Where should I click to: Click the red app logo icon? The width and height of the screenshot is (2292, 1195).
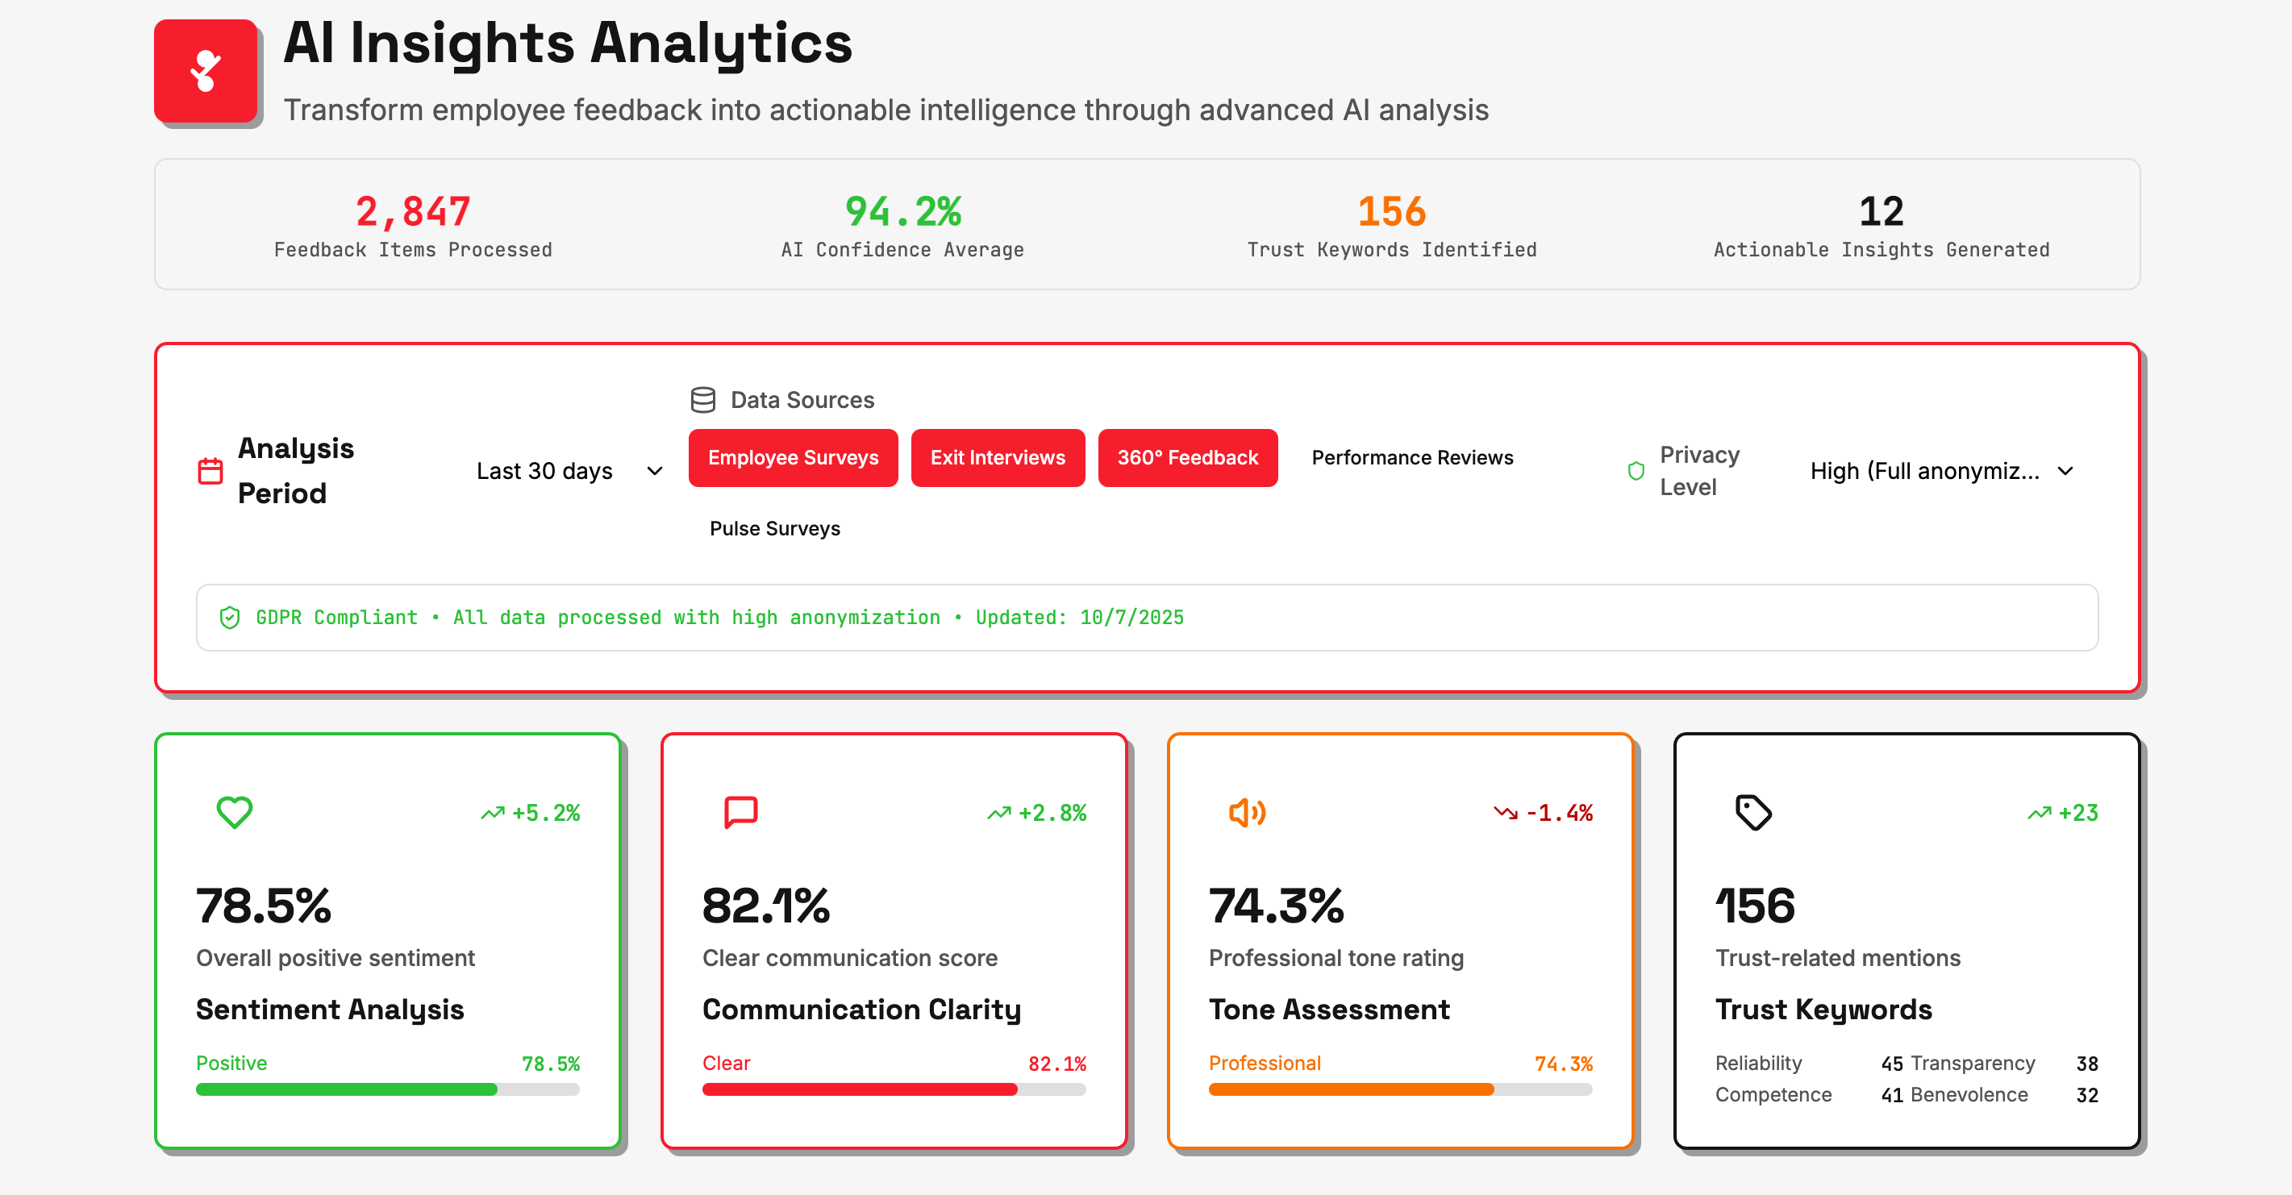point(206,71)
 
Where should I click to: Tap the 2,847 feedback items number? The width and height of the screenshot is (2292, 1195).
point(413,212)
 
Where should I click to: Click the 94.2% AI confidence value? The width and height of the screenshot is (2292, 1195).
point(902,212)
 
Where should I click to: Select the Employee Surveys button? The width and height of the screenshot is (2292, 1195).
point(792,457)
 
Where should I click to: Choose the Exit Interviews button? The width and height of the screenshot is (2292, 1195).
point(997,457)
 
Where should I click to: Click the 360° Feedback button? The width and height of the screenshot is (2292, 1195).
point(1187,457)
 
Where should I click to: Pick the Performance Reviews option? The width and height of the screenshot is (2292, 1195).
point(1411,457)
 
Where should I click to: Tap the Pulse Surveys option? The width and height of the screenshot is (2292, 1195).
point(774,528)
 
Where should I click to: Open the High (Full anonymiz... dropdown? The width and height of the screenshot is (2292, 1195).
point(1940,471)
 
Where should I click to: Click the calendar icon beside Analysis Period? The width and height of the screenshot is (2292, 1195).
point(210,471)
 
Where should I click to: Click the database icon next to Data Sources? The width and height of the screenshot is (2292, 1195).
point(703,399)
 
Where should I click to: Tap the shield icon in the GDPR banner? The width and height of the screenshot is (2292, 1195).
point(230,618)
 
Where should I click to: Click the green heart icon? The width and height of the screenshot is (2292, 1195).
point(235,811)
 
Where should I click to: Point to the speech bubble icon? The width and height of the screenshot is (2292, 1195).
point(740,811)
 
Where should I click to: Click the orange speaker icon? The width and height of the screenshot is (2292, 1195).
point(1247,811)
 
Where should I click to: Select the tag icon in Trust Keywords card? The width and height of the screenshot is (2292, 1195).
point(1752,811)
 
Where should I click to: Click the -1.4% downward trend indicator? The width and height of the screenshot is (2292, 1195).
point(1544,812)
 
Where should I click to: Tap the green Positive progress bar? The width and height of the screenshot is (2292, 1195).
point(347,1089)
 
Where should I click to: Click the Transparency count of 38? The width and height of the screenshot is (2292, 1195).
point(2086,1064)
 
